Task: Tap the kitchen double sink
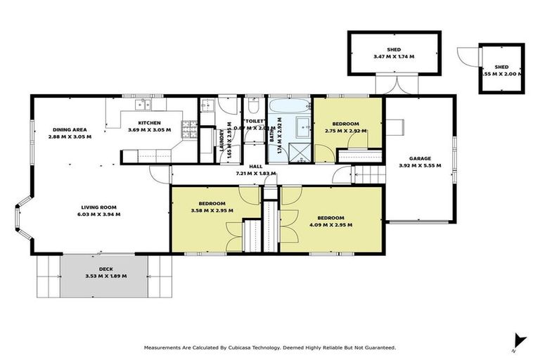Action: tap(143, 105)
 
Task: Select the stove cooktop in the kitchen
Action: tap(189, 129)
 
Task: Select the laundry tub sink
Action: tap(207, 107)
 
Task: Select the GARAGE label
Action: tap(420, 158)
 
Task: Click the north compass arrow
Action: tap(519, 340)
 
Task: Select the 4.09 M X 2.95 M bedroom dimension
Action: tap(329, 225)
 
